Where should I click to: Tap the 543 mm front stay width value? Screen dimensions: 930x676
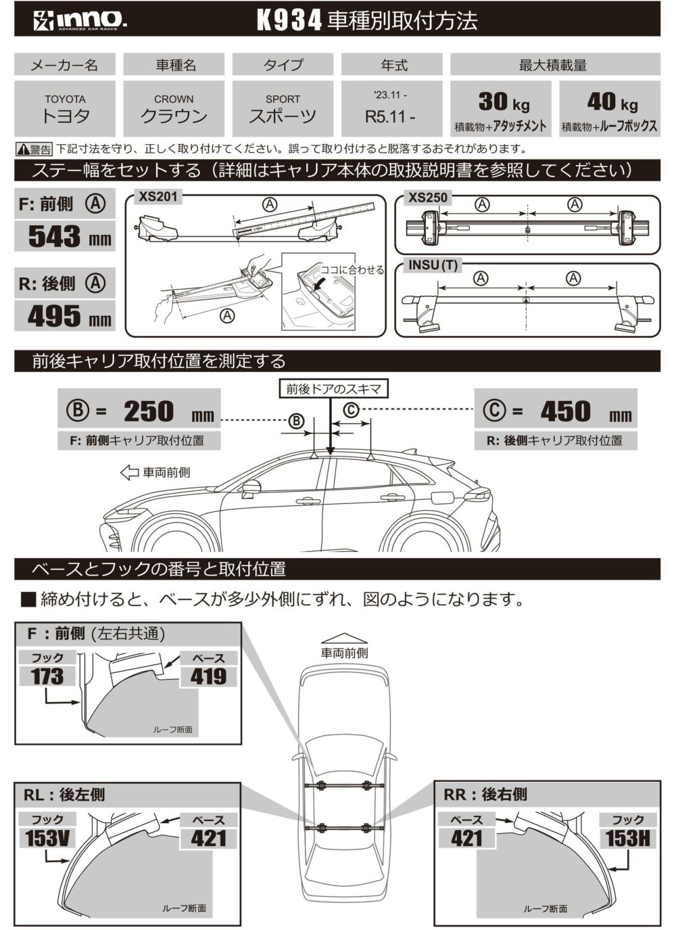coord(65,237)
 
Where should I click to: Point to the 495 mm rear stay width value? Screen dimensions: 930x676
coord(65,316)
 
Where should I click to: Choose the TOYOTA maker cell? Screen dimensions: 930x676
coord(65,109)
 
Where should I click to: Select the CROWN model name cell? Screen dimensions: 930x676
coord(174,109)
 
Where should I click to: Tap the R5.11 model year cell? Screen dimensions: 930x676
coord(391,116)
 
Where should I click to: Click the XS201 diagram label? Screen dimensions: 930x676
coord(158,197)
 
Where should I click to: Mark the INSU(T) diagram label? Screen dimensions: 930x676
coord(433,264)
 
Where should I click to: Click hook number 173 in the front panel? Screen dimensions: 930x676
coord(47,676)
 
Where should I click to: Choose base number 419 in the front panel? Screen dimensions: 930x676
coord(208,676)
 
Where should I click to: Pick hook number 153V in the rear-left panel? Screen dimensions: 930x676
coord(47,838)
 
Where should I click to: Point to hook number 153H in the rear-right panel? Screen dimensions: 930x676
coord(628,838)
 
